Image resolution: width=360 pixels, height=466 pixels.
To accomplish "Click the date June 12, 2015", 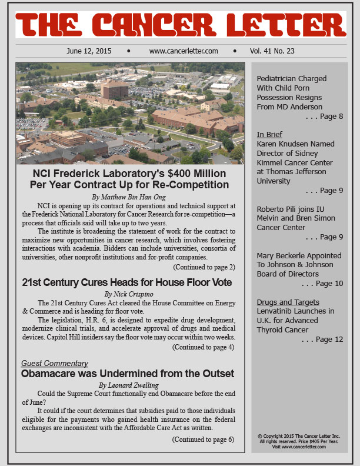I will click(x=89, y=51).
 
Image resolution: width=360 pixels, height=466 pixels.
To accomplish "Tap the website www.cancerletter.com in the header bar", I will click(x=184, y=51).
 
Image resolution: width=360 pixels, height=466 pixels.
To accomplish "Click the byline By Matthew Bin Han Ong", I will click(x=129, y=196).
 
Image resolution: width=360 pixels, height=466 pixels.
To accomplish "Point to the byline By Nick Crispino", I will click(x=130, y=294).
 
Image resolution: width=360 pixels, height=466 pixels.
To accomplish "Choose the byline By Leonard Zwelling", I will click(x=130, y=385).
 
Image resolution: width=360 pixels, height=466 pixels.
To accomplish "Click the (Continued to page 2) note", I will click(x=204, y=267).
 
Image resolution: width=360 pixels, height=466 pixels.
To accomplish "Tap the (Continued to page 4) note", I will click(x=204, y=347).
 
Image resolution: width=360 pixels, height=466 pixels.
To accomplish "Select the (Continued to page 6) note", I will click(x=204, y=440).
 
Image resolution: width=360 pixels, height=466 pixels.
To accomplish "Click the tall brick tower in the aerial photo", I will click(x=114, y=89).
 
